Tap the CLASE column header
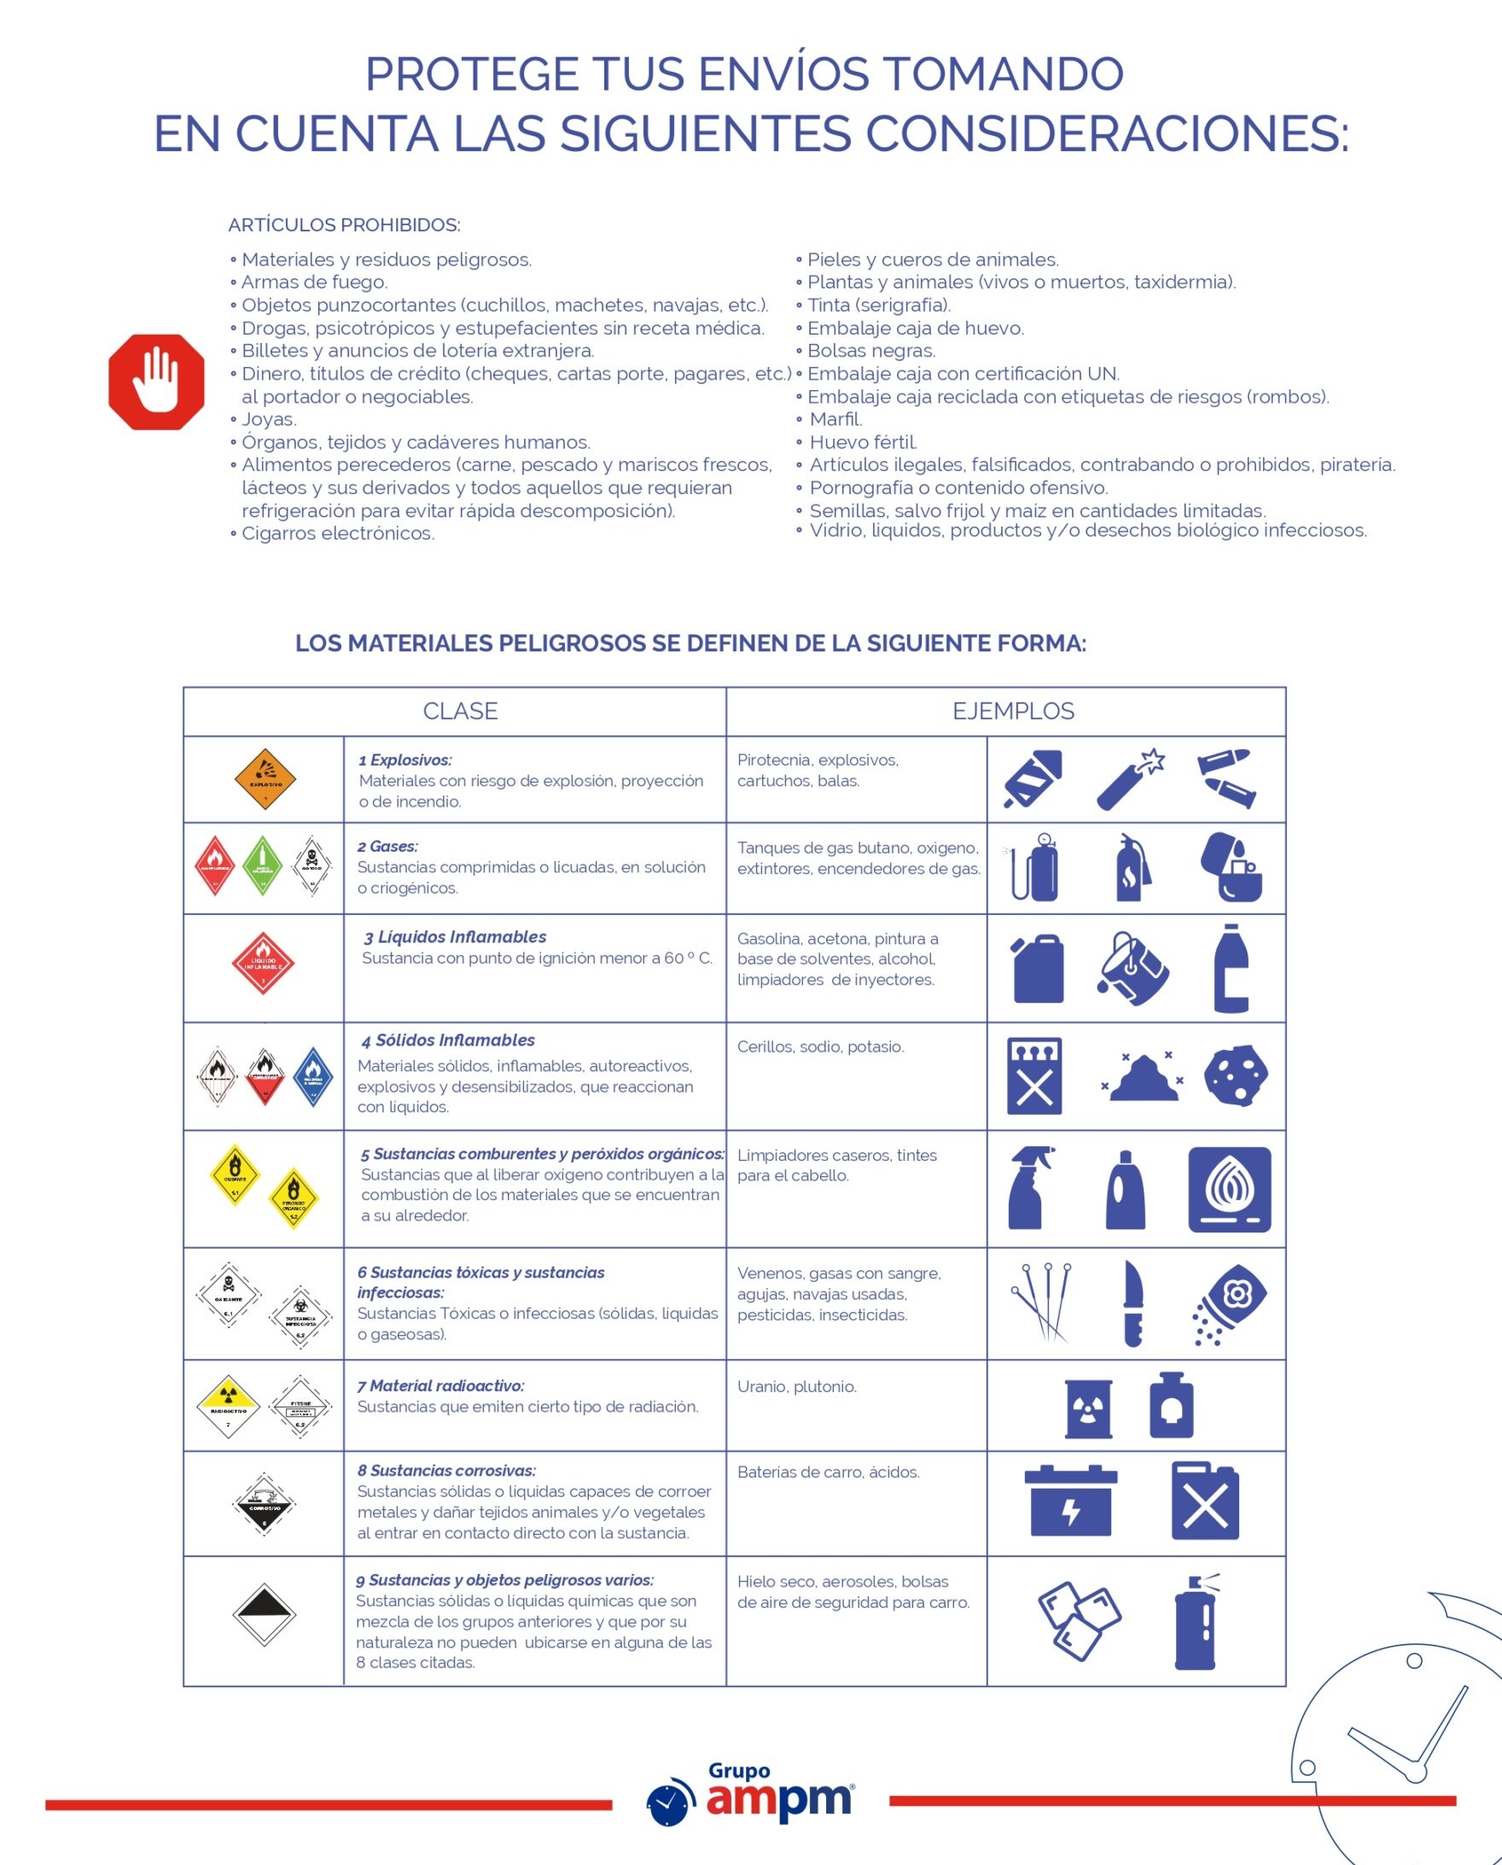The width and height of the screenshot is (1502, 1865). tap(459, 711)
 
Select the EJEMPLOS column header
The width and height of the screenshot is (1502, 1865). tap(1013, 711)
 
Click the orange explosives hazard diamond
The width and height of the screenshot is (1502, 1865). tap(265, 779)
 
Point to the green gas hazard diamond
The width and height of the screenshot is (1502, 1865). tap(262, 865)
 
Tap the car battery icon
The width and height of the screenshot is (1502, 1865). tap(1070, 1501)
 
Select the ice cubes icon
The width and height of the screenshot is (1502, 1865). tap(1078, 1621)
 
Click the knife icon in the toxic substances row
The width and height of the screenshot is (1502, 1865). tap(1132, 1303)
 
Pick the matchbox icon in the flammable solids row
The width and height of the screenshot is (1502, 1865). tap(1034, 1075)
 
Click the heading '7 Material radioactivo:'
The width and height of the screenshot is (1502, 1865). tap(440, 1386)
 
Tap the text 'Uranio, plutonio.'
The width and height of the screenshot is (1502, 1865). tap(796, 1386)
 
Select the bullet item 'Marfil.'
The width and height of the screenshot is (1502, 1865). tap(835, 420)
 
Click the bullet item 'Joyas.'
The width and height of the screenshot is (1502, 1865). tap(269, 420)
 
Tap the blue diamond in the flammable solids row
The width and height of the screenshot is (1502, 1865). tap(312, 1076)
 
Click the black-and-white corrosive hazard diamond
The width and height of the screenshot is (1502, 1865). tap(265, 1504)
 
